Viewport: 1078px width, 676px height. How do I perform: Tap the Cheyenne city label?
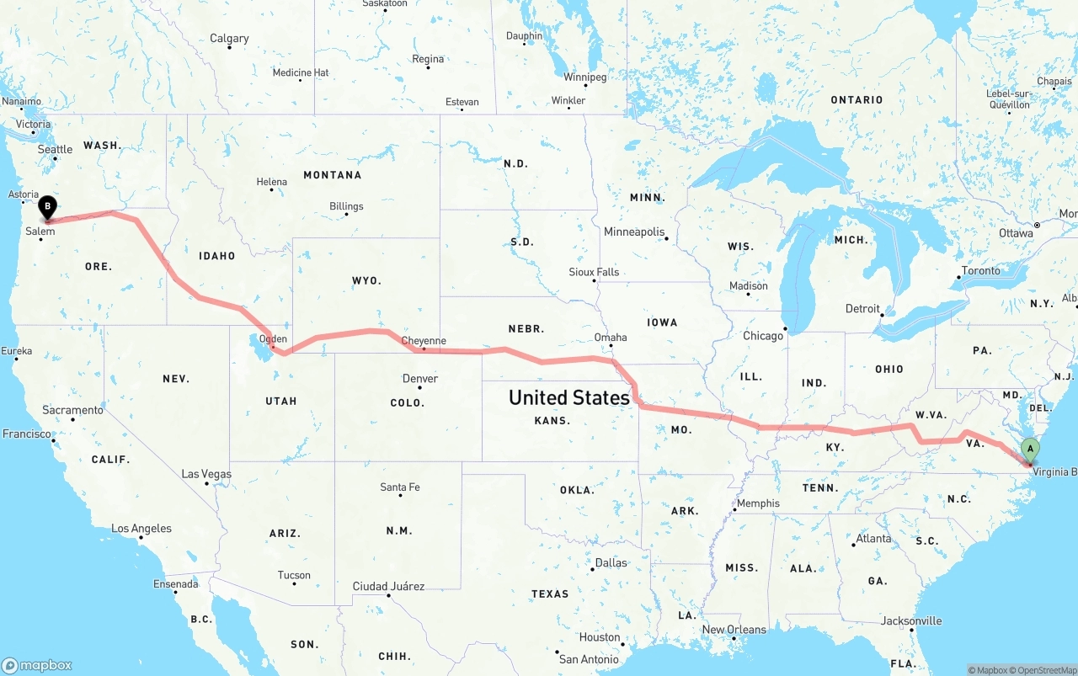pyautogui.click(x=424, y=341)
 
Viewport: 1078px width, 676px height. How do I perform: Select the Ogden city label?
pyautogui.click(x=274, y=339)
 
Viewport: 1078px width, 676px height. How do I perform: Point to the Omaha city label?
pyautogui.click(x=611, y=337)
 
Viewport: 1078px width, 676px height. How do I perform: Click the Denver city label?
pyautogui.click(x=420, y=379)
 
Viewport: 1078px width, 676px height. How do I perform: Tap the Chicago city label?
pyautogui.click(x=763, y=336)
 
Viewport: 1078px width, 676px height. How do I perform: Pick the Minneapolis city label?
pyautogui.click(x=634, y=232)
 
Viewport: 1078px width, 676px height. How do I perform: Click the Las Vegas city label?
pyautogui.click(x=207, y=475)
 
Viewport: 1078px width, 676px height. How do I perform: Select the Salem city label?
pyautogui.click(x=40, y=232)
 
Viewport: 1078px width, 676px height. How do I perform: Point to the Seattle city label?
pyautogui.click(x=56, y=149)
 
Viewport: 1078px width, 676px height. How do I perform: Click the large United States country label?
pyautogui.click(x=569, y=397)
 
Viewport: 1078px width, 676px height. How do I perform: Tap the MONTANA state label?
pyautogui.click(x=333, y=175)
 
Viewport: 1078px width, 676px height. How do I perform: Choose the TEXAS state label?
pyautogui.click(x=550, y=593)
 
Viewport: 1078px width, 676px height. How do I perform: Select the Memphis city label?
pyautogui.click(x=758, y=503)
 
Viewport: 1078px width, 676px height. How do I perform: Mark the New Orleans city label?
pyautogui.click(x=734, y=630)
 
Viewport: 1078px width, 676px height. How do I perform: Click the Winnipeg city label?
pyautogui.click(x=585, y=77)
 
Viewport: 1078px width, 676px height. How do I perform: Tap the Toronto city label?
pyautogui.click(x=981, y=271)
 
